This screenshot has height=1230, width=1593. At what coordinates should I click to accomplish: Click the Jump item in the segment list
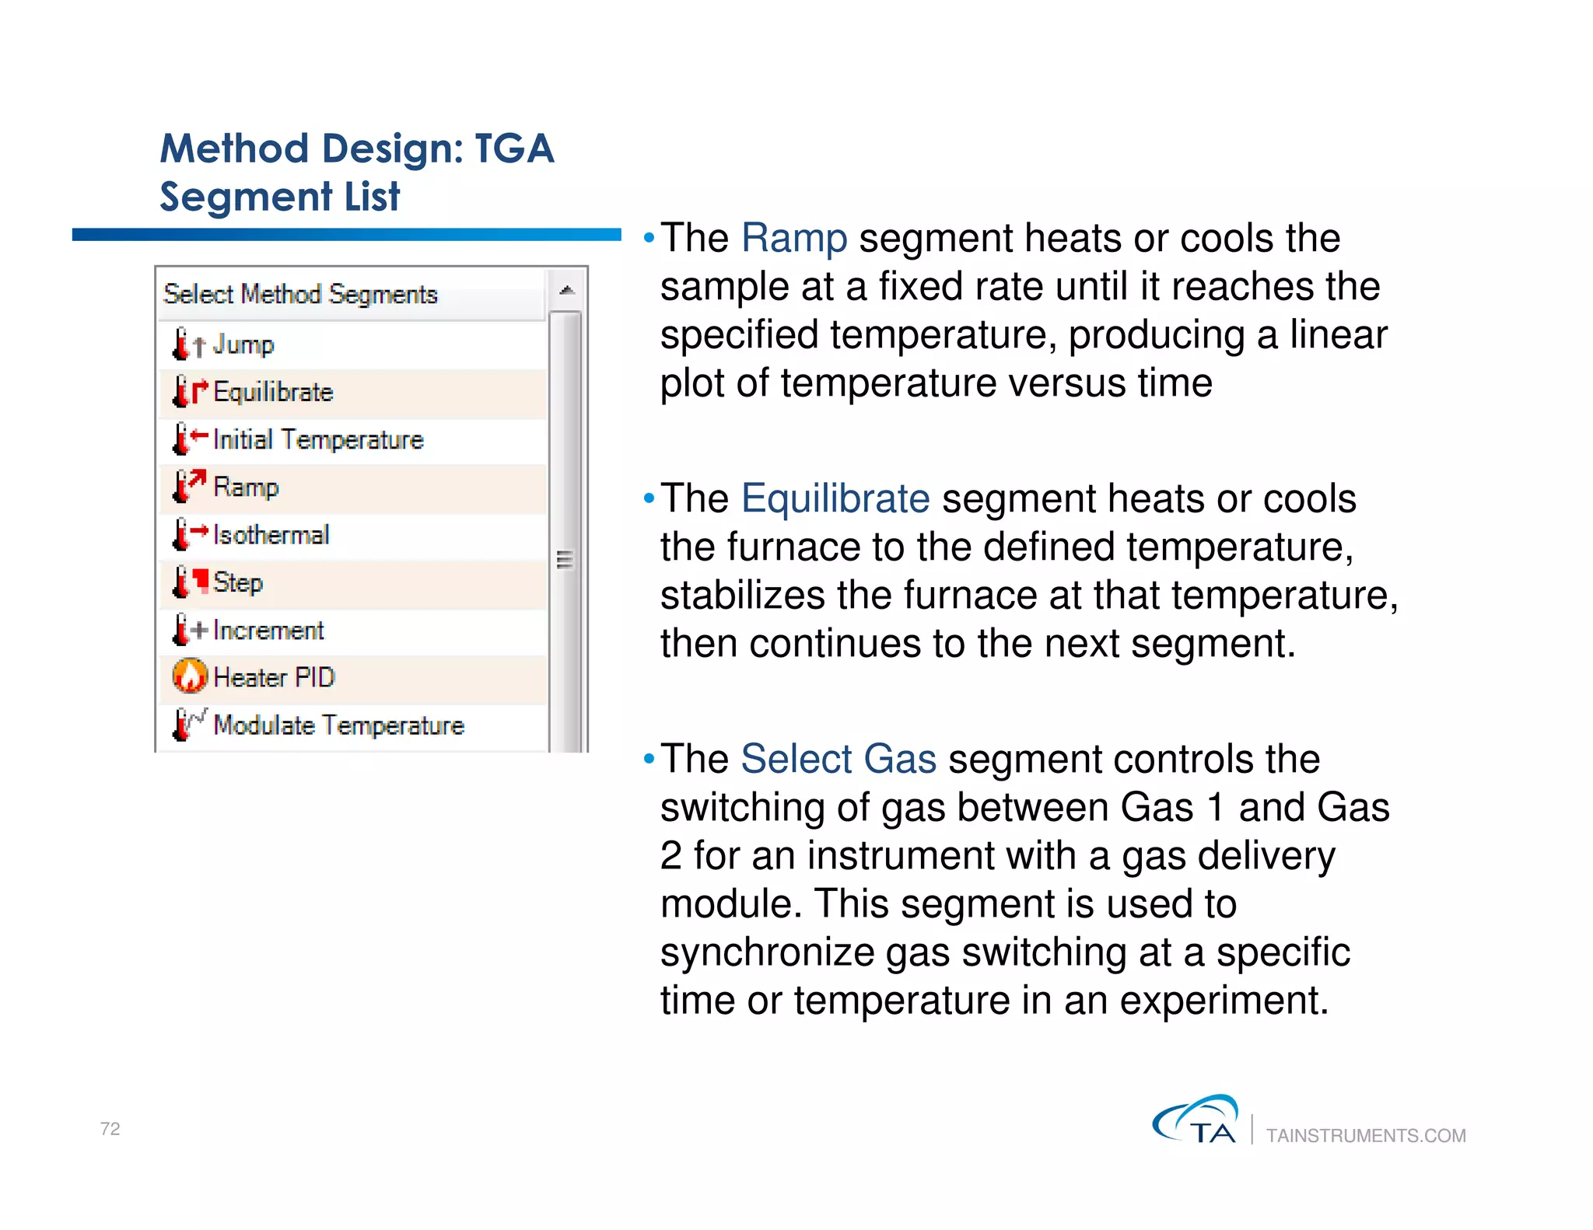pos(243,344)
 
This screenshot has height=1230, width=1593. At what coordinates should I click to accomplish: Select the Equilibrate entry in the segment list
pos(272,392)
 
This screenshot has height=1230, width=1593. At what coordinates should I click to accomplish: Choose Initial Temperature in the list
pos(317,440)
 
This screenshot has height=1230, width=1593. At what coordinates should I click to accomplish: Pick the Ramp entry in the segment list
pos(245,487)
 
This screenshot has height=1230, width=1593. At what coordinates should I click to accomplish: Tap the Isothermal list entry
pos(271,535)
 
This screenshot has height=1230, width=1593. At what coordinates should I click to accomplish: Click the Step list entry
pos(237,582)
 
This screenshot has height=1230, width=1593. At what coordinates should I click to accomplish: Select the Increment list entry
pos(268,631)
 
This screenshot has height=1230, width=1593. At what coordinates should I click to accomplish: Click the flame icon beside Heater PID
pos(190,676)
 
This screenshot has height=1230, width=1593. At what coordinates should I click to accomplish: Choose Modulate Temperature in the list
pos(338,725)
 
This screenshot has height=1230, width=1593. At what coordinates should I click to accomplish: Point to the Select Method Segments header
pos(300,295)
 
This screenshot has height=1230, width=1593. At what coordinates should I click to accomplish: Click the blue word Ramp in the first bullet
pos(793,238)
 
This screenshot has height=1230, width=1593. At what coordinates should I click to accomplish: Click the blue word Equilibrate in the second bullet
pos(835,498)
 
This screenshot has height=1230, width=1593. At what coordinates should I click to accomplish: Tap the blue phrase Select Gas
pos(838,759)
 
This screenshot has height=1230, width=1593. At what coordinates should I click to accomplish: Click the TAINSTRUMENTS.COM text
pos(1365,1136)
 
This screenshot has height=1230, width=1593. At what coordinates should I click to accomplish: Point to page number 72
pos(110,1129)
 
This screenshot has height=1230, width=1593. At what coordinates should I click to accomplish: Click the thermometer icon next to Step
pos(181,582)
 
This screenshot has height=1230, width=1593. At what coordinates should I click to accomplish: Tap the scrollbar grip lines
pos(565,560)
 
